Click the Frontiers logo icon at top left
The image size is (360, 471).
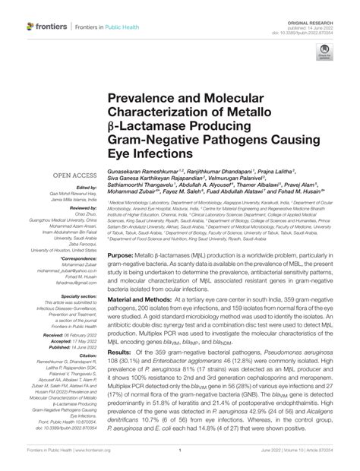click(30, 27)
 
